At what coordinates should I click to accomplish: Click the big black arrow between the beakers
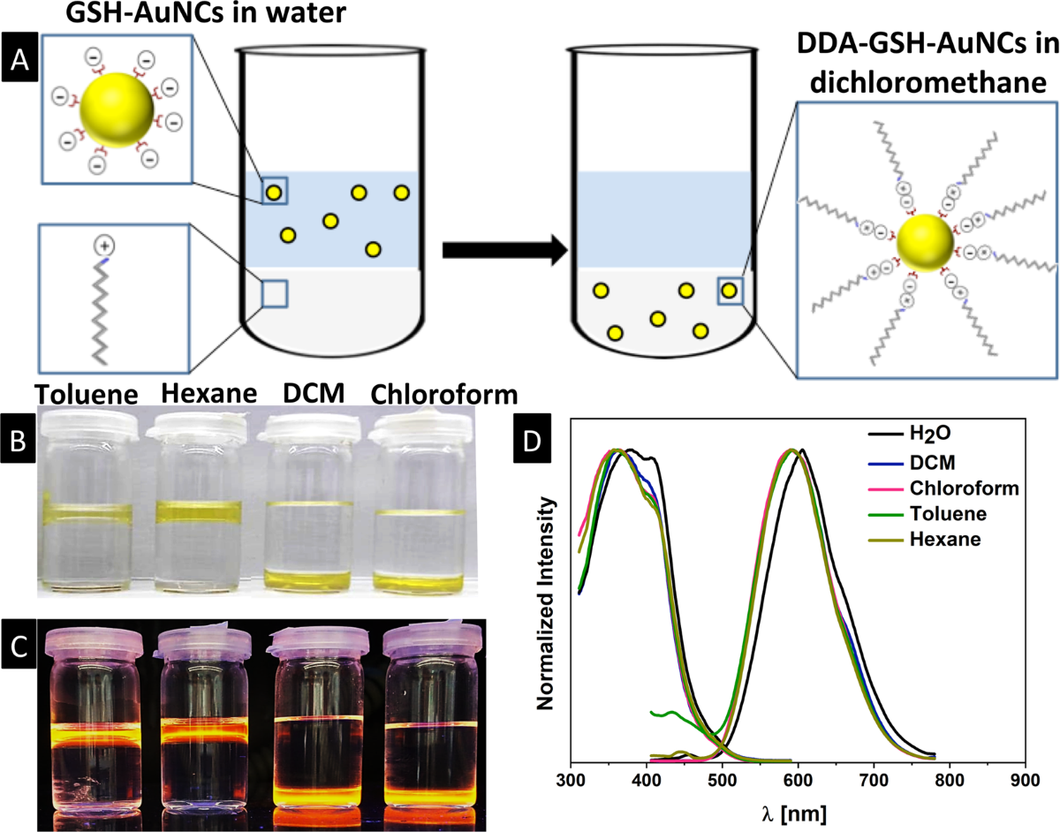(x=505, y=251)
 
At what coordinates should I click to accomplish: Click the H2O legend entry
(x=910, y=433)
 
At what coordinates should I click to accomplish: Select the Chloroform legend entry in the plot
(x=943, y=488)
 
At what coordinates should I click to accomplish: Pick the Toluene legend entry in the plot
(x=927, y=514)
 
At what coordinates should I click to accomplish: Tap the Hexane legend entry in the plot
(x=924, y=540)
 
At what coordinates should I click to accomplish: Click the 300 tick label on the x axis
(x=572, y=780)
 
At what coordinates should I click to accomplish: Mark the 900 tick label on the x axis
(x=1025, y=780)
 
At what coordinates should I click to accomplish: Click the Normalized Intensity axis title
(x=545, y=604)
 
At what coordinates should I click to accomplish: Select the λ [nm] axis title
(x=794, y=814)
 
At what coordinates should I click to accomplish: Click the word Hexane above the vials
(x=208, y=394)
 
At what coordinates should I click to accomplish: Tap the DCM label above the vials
(x=314, y=393)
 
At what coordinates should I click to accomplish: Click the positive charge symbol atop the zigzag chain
(x=104, y=246)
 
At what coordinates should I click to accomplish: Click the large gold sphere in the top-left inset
(x=117, y=110)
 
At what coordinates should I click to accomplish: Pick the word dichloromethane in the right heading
(x=927, y=83)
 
